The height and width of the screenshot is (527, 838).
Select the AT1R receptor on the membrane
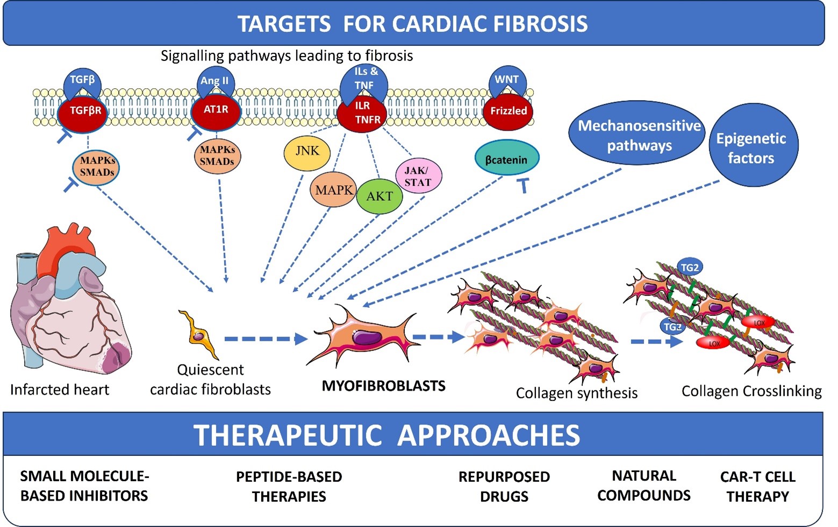(x=216, y=110)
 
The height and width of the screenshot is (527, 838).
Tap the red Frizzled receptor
(x=508, y=111)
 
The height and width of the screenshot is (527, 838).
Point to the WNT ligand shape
(x=507, y=81)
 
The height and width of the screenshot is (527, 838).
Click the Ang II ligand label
(x=214, y=81)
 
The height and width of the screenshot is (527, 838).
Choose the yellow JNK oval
(x=307, y=151)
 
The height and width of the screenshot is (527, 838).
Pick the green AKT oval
(x=379, y=196)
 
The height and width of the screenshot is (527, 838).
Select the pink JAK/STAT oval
(x=418, y=177)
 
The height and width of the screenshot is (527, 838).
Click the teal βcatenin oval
(x=506, y=159)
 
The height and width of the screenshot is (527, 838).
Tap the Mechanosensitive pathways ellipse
(x=639, y=136)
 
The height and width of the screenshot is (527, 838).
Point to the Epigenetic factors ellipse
(x=751, y=148)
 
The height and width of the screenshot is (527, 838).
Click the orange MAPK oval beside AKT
(x=334, y=190)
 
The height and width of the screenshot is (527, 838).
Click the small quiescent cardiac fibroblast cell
(x=198, y=334)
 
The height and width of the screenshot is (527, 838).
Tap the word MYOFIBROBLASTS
(x=383, y=386)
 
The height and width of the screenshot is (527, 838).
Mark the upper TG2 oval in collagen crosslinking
(x=689, y=268)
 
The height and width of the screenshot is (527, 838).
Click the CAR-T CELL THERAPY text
(x=757, y=487)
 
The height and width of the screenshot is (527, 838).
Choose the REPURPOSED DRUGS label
(x=504, y=487)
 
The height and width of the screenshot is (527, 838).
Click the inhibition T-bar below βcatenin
(x=522, y=186)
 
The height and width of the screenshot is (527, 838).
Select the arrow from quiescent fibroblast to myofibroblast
(x=266, y=339)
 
